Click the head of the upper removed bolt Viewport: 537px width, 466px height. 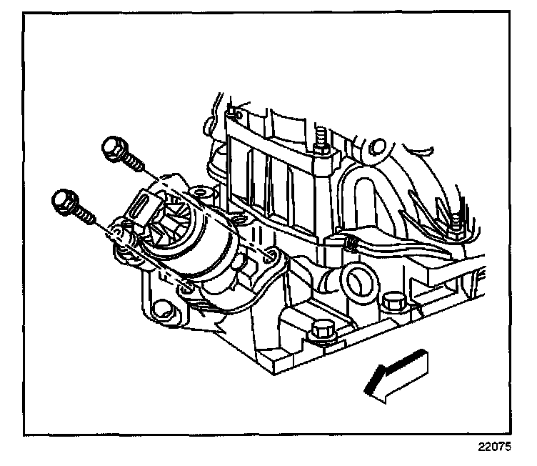[x=113, y=149]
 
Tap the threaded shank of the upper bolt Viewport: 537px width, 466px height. [x=134, y=162]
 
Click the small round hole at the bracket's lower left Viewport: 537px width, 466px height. [x=162, y=311]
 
